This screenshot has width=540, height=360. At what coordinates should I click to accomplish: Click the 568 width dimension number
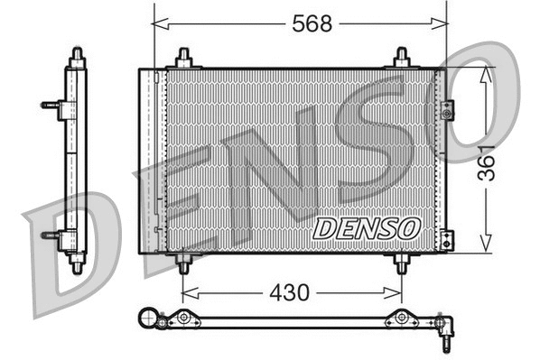point(312,24)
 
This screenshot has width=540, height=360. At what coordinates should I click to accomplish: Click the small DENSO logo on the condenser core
point(367,228)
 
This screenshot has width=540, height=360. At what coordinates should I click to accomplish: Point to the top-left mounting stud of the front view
point(183,58)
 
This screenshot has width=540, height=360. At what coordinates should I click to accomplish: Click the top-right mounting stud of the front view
point(402,58)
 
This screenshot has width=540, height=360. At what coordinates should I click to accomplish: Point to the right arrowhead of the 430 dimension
point(396,292)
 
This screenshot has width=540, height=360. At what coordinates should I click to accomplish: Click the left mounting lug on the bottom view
point(183,318)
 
